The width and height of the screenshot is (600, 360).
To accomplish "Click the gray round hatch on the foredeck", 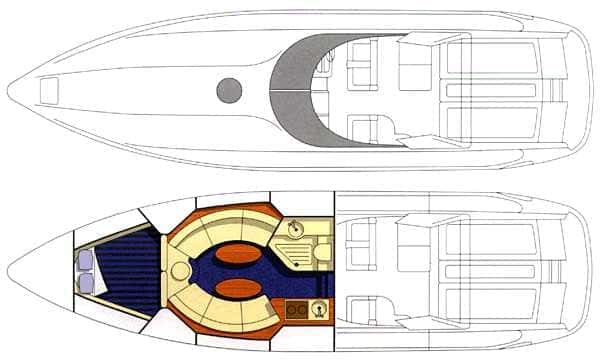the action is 229,90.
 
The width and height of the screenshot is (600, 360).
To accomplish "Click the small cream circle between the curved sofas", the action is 181,270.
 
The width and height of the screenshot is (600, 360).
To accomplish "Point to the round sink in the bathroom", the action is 296,229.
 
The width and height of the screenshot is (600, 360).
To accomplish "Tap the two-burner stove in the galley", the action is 296,309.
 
